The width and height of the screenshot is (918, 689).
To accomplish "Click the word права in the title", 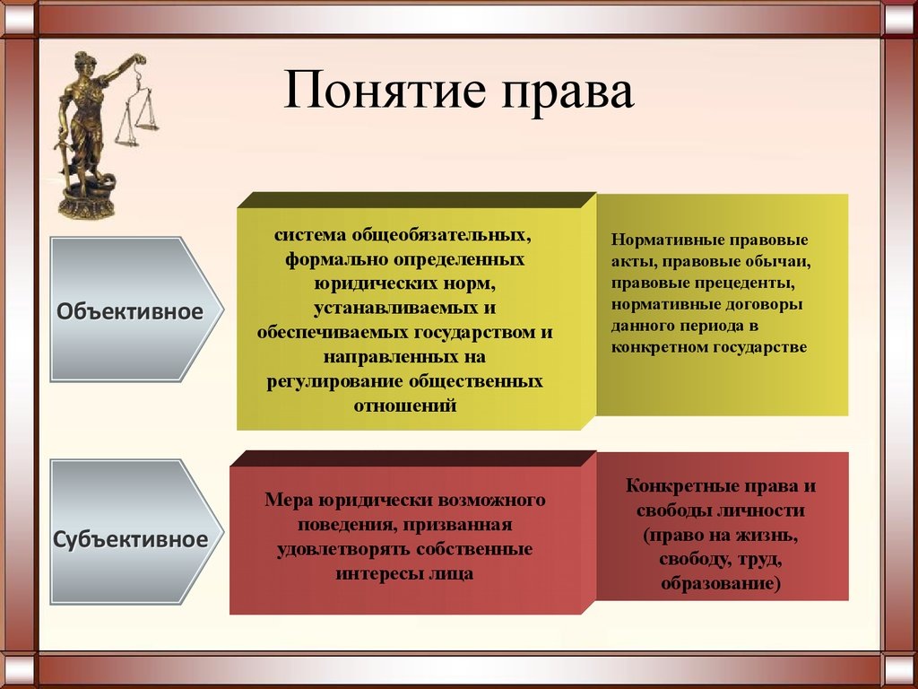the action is tap(567, 93).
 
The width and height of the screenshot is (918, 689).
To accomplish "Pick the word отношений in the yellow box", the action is tap(404, 406).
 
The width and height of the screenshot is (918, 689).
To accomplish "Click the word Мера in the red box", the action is tap(288, 500).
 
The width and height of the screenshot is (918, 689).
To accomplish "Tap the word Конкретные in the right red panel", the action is tap(672, 486).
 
